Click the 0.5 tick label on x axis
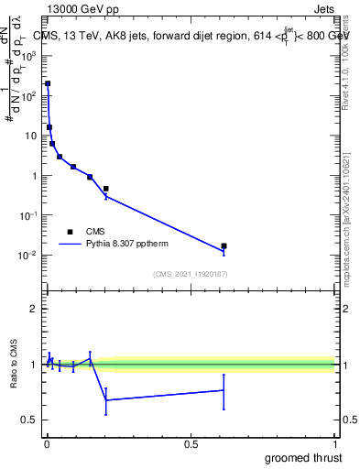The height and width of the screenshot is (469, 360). coord(191,444)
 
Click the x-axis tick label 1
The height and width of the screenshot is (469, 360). coord(334,444)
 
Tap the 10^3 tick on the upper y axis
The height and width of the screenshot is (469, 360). coord(32,55)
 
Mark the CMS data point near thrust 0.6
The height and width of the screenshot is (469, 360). coord(224,245)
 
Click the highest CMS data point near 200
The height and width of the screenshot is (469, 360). coord(48,83)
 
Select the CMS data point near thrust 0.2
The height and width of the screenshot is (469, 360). coord(106,189)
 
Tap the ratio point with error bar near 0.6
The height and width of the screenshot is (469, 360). coord(224,390)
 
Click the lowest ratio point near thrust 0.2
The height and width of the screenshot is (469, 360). coord(106,400)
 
